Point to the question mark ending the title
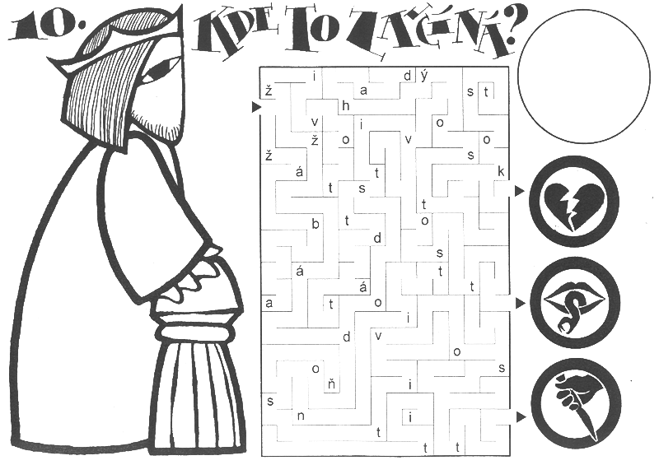[x=507, y=30]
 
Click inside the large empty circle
[x=584, y=76]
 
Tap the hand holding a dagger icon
[x=576, y=403]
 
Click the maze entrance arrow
[x=256, y=107]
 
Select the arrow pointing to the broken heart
[x=520, y=191]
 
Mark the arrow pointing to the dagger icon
[x=521, y=416]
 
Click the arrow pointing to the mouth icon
[x=521, y=302]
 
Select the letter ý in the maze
[x=423, y=76]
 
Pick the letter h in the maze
[x=345, y=106]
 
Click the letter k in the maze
[x=501, y=171]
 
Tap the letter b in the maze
[x=315, y=224]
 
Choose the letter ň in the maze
[x=332, y=384]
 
